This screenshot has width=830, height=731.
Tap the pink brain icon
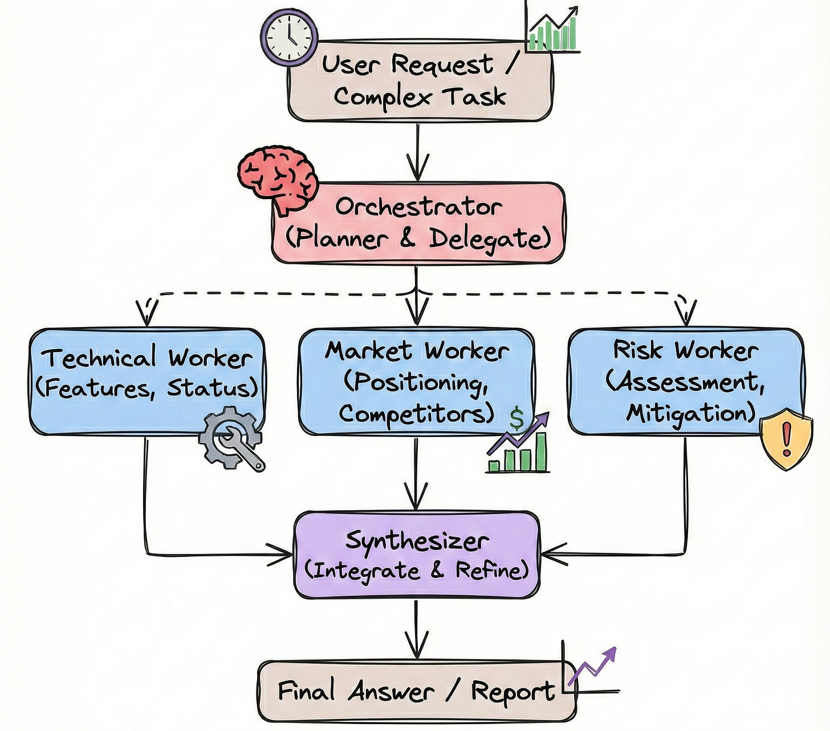(278, 179)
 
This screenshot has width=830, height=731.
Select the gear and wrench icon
(231, 438)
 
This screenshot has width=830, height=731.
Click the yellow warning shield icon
(787, 444)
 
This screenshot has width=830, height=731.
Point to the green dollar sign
(516, 418)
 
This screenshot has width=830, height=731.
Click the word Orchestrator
(418, 207)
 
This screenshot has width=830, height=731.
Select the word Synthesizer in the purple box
(417, 540)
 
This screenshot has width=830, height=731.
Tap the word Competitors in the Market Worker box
(416, 414)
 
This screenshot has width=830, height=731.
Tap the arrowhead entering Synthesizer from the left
(281, 555)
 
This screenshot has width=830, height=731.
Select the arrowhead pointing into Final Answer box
(416, 644)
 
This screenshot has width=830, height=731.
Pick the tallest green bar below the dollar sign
(541, 451)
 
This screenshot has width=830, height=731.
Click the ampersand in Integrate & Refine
(438, 571)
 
